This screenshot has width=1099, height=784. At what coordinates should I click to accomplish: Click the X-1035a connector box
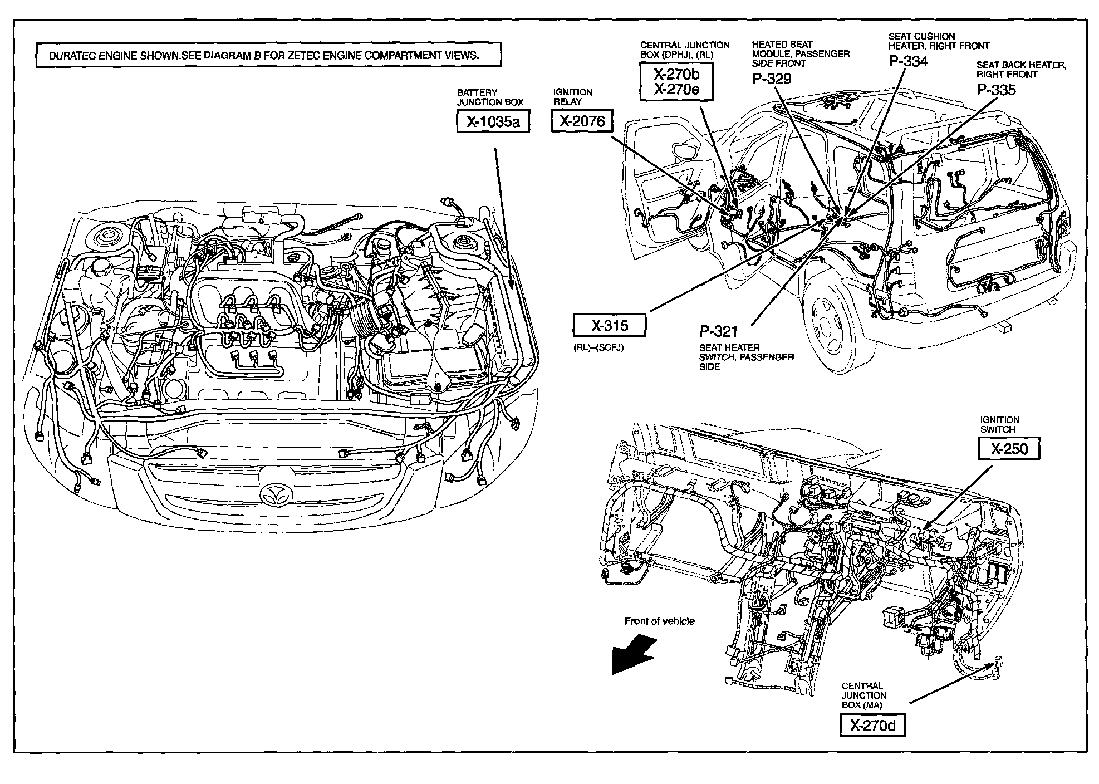click(x=492, y=121)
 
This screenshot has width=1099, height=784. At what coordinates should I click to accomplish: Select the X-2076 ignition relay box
click(x=581, y=121)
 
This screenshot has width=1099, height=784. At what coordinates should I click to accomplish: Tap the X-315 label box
click(x=610, y=326)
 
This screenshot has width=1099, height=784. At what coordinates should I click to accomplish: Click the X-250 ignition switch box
click(x=1009, y=449)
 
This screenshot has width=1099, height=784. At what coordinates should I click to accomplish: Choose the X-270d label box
click(x=872, y=725)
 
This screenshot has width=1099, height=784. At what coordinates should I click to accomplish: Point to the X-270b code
click(x=676, y=73)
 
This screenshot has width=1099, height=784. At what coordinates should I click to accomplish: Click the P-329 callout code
click(x=772, y=79)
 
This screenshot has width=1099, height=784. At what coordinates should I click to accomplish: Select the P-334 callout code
click(x=908, y=61)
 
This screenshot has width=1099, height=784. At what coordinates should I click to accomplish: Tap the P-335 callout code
click(x=996, y=90)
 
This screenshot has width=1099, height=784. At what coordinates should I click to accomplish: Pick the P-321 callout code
click(x=718, y=332)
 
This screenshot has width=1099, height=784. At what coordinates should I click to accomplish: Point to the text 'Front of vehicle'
click(x=659, y=621)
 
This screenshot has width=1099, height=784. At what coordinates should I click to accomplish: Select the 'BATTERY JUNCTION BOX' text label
click(x=490, y=97)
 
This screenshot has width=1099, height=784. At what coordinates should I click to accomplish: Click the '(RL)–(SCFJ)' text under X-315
click(x=598, y=348)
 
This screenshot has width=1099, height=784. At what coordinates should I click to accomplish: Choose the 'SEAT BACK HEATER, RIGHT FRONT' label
click(x=1021, y=70)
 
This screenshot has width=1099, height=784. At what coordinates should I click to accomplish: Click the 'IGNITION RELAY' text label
click(x=572, y=97)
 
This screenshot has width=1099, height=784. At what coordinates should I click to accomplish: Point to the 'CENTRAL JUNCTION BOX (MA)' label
click(x=864, y=695)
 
